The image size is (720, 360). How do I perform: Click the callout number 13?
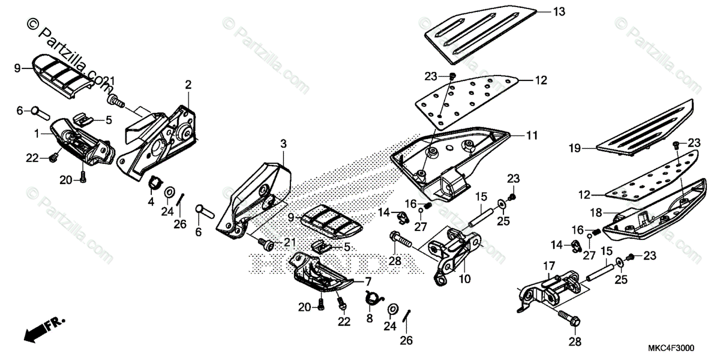pos(559,12)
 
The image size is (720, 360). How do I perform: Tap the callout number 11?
pos(532,136)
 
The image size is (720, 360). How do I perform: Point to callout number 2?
pos(188,85)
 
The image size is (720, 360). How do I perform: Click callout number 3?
pos(284,143)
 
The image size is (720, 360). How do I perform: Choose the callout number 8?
pos(370,316)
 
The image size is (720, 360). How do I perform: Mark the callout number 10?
pos(465,279)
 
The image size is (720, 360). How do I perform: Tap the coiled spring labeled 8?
pos(374,297)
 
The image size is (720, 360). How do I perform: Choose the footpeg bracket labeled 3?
pos(255,192)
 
